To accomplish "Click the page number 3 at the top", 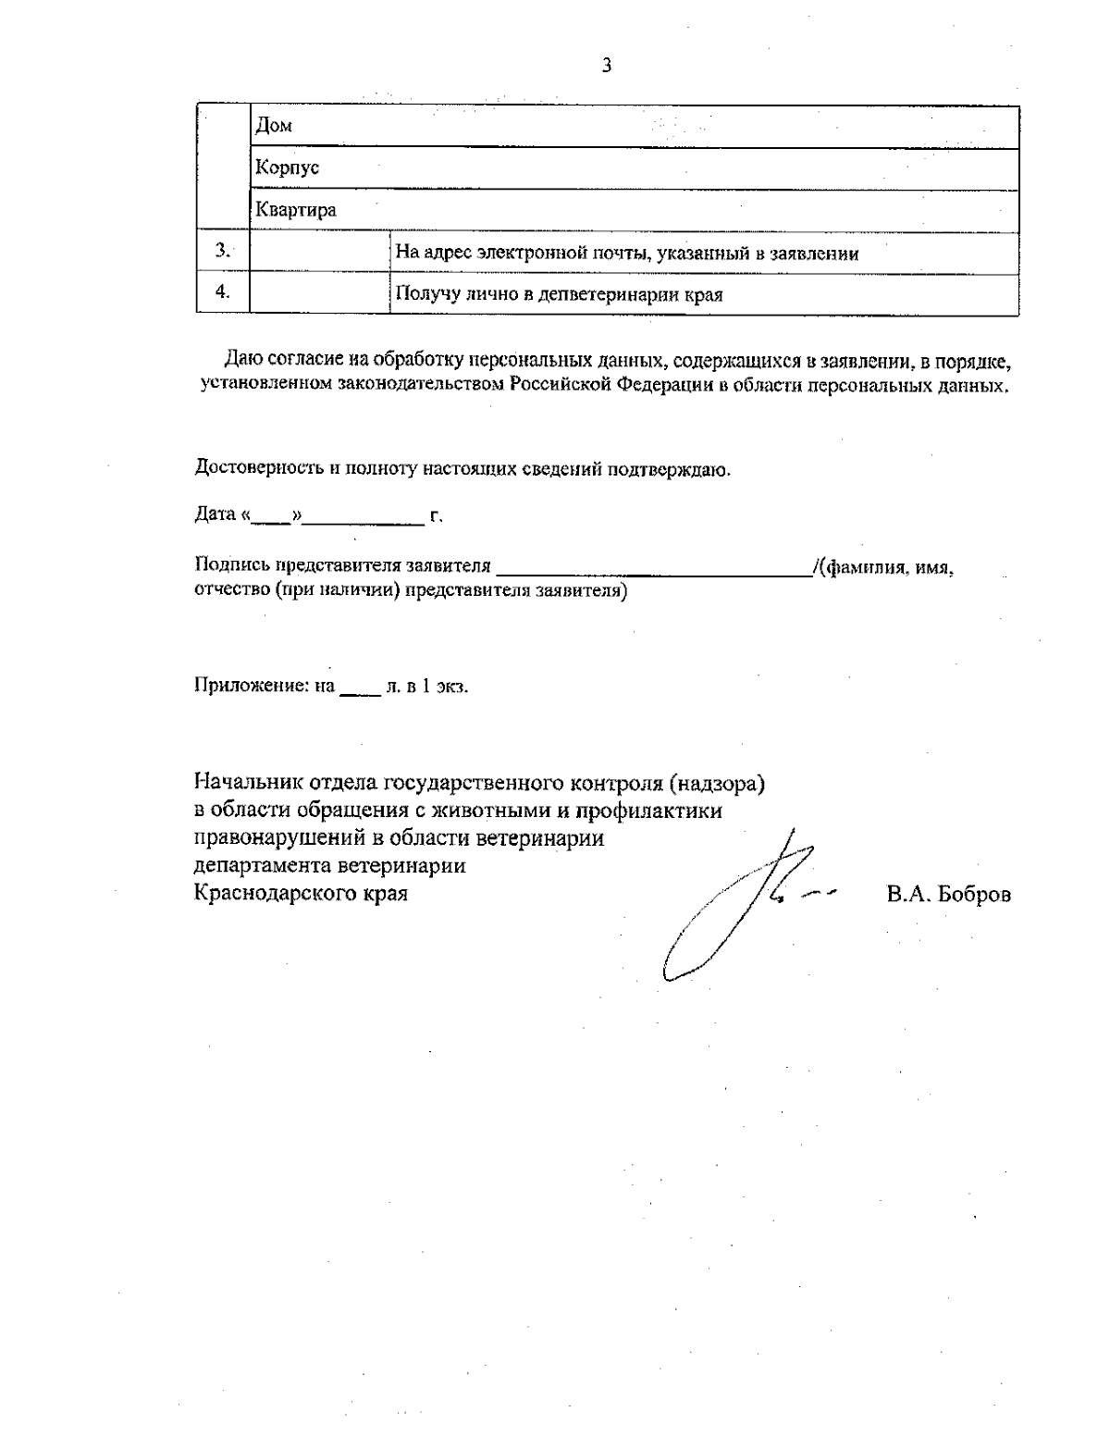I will click(606, 65).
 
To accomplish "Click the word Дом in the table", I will click(274, 126).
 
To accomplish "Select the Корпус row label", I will click(288, 167).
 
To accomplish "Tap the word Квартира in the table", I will click(296, 210).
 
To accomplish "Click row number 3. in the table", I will click(223, 250).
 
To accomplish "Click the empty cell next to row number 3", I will click(319, 253).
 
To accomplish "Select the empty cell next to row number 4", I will click(319, 294).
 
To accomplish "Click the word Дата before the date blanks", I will click(216, 514).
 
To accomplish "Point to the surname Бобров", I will click(974, 895).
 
